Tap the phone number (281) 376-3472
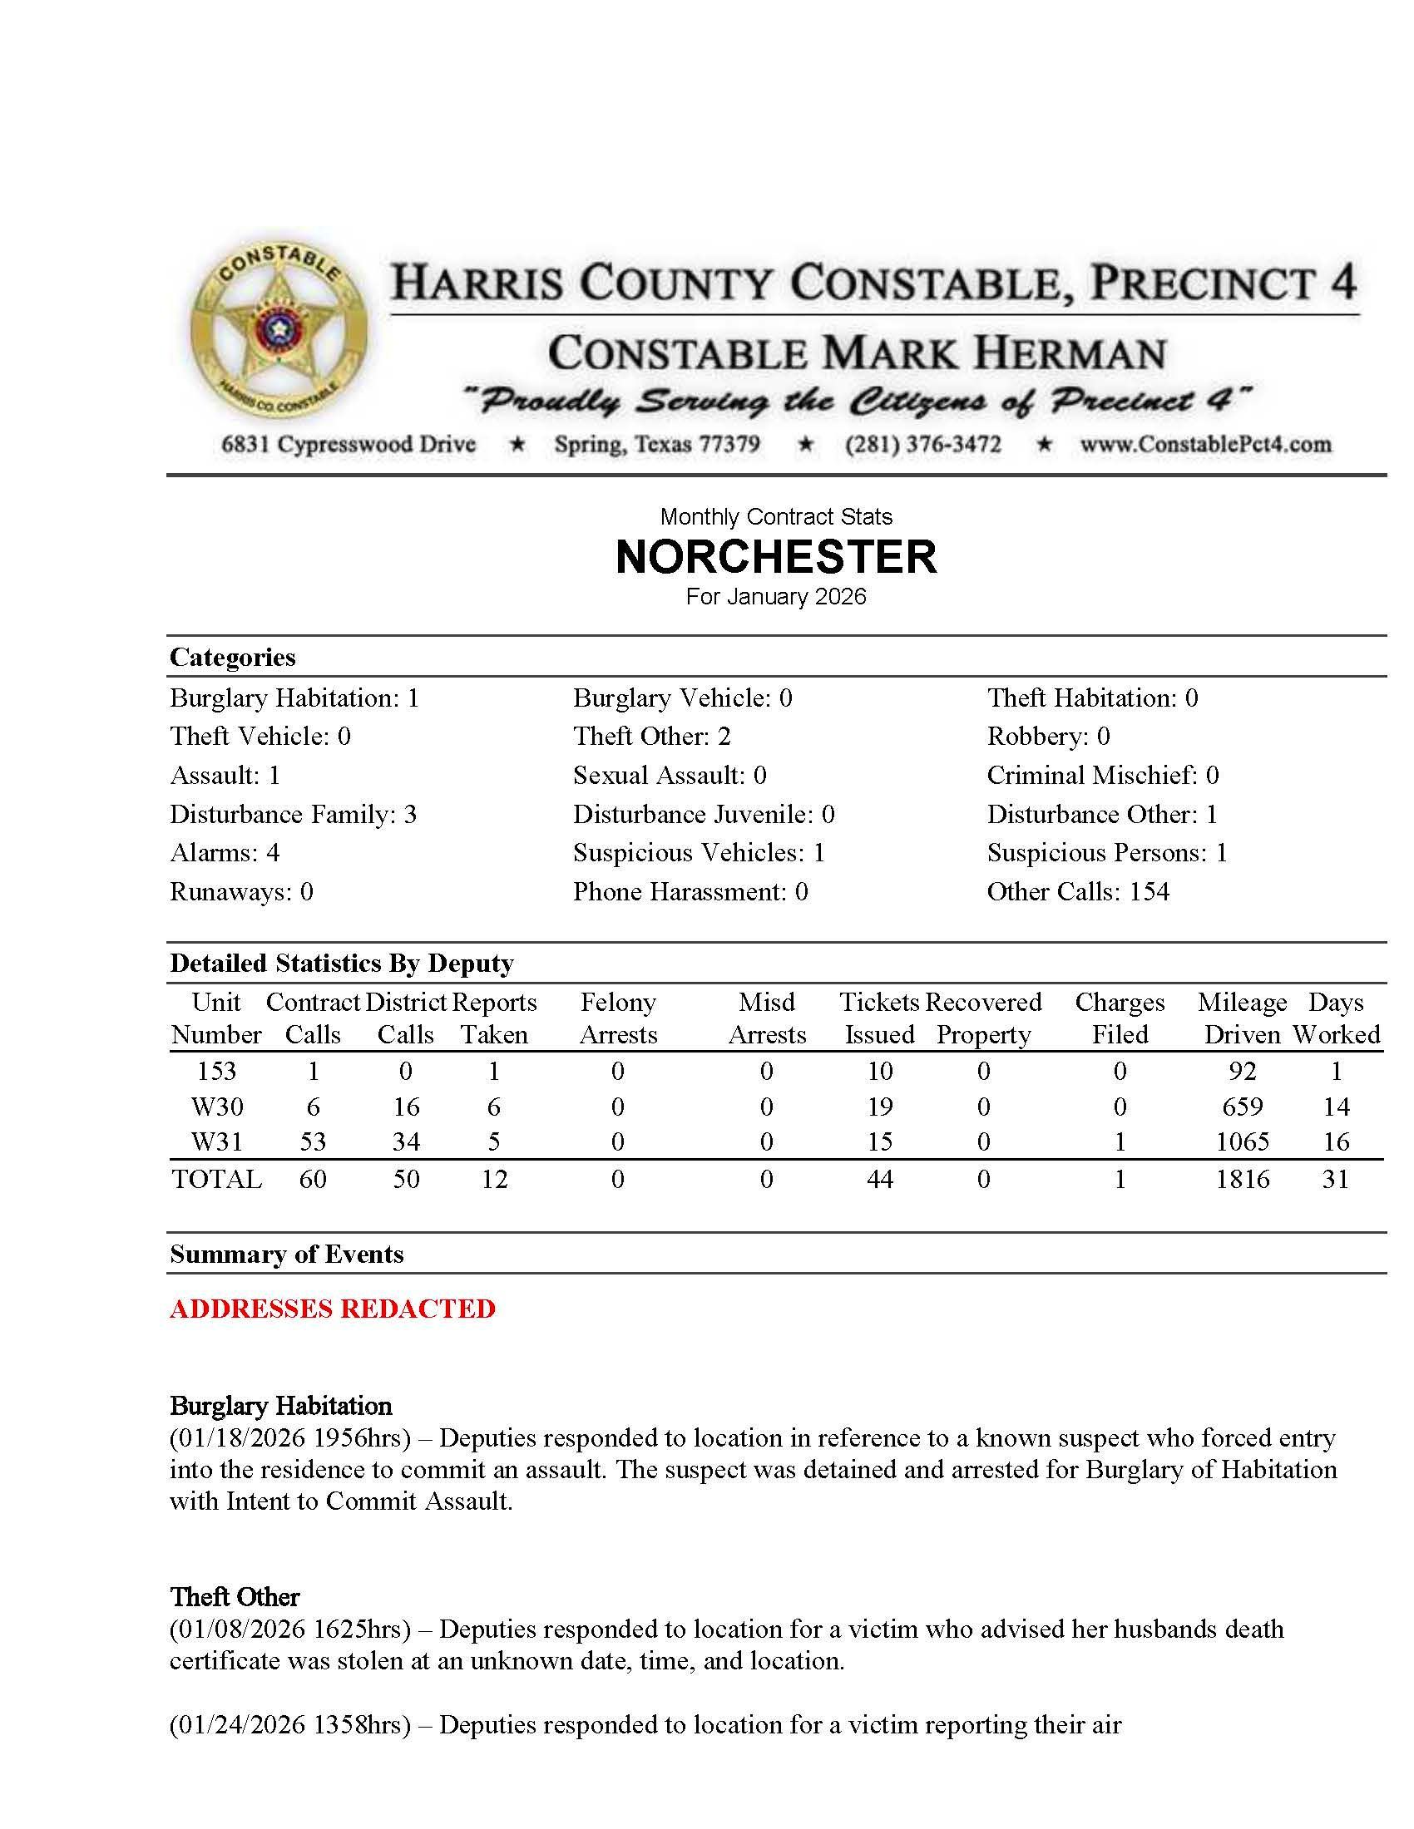pyautogui.click(x=922, y=444)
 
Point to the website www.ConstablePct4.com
pyautogui.click(x=1205, y=444)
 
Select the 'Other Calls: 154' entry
pyautogui.click(x=1077, y=891)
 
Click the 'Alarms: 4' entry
pyautogui.click(x=225, y=852)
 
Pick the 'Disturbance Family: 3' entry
pyautogui.click(x=292, y=814)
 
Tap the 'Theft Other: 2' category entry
pyautogui.click(x=652, y=736)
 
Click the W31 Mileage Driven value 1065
pyautogui.click(x=1243, y=1141)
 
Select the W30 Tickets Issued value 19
pyautogui.click(x=878, y=1107)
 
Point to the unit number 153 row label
pyautogui.click(x=216, y=1071)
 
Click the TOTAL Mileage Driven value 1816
pyautogui.click(x=1243, y=1179)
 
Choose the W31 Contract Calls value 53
pyautogui.click(x=313, y=1141)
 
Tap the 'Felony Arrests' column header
pyautogui.click(x=617, y=1018)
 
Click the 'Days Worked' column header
pyautogui.click(x=1336, y=1018)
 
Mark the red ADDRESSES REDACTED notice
pyautogui.click(x=333, y=1308)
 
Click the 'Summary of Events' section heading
pyautogui.click(x=286, y=1254)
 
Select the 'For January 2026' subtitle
pyautogui.click(x=776, y=597)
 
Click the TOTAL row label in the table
pyautogui.click(x=216, y=1179)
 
